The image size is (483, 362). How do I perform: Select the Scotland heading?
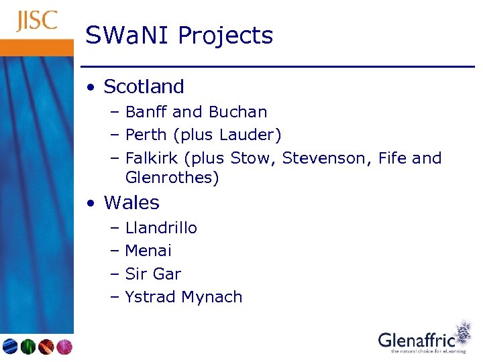pyautogui.click(x=144, y=86)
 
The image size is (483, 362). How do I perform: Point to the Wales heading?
pyautogui.click(x=131, y=202)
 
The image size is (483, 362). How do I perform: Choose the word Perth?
pyautogui.click(x=146, y=135)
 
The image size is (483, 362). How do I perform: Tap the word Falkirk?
pyautogui.click(x=152, y=158)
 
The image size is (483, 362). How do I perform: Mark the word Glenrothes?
pyautogui.click(x=172, y=178)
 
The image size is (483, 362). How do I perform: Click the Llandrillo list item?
pyautogui.click(x=161, y=228)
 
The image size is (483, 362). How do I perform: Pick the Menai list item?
pyautogui.click(x=148, y=251)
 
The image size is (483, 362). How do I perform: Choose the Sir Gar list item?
pyautogui.click(x=153, y=274)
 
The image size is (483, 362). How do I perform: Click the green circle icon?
pyautogui.click(x=28, y=346)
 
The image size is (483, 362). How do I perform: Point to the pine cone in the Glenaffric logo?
pyautogui.click(x=462, y=333)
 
